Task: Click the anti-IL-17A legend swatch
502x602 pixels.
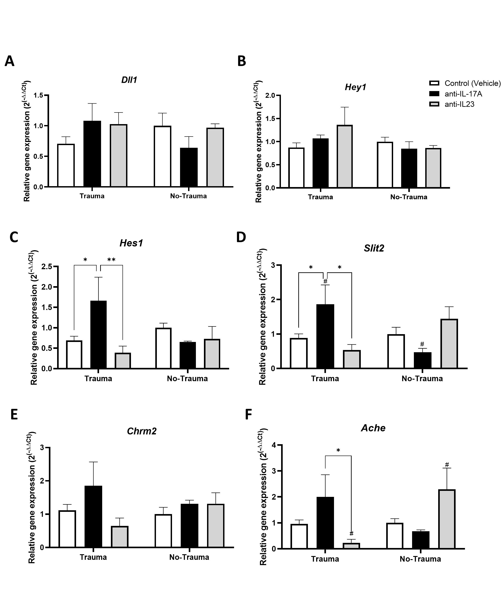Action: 434,94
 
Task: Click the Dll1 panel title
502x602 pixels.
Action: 129,80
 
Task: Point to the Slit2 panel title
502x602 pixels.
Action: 374,248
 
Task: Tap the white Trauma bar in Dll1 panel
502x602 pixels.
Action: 66,165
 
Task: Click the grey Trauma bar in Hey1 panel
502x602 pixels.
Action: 345,156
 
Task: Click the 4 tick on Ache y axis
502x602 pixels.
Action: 274,445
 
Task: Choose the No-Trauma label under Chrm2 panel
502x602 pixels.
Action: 189,557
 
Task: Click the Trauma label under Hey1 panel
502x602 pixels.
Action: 320,197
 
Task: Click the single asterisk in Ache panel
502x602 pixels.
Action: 338,450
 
